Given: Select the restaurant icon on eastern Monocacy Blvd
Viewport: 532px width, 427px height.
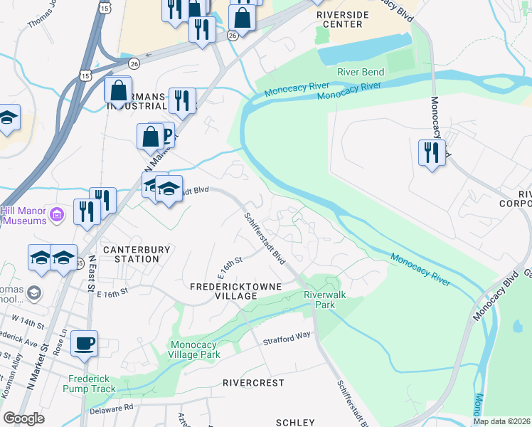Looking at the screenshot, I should [432, 152].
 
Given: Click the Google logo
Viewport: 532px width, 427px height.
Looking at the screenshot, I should [23, 418].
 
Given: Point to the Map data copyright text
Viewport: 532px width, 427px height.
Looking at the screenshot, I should [501, 421].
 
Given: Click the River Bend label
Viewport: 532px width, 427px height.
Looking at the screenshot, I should [361, 72].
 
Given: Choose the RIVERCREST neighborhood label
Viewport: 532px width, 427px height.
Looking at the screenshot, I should [253, 382].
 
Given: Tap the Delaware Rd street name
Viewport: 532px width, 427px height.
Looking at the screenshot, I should [112, 409].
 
